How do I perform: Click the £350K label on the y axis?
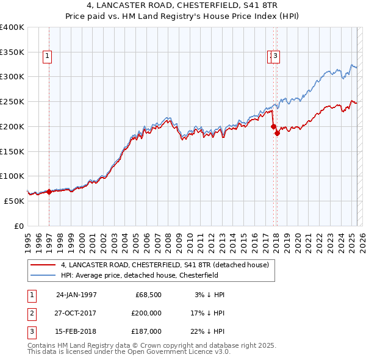point(12,52)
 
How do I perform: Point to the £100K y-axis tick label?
point(12,176)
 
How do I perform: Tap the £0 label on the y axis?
point(18,226)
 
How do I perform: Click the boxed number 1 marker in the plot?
point(47,57)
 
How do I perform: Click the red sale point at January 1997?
point(49,192)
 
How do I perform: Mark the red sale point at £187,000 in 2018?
point(277,133)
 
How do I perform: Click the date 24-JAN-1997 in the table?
point(76,295)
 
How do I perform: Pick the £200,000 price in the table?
point(146,313)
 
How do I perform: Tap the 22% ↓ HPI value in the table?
point(207,331)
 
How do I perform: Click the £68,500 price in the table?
point(148,295)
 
